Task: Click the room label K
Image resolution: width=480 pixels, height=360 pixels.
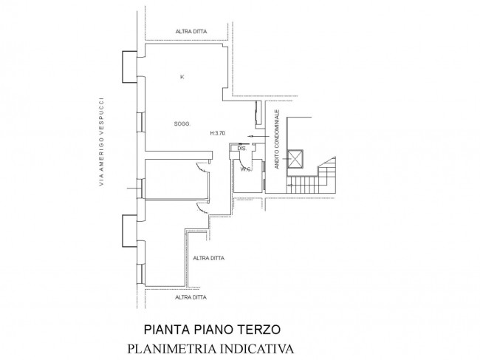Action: tap(182, 77)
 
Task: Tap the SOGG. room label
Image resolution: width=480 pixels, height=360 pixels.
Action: tap(182, 124)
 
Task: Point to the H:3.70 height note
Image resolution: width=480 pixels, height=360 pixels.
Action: tap(218, 133)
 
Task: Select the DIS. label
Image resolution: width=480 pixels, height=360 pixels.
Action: tap(241, 149)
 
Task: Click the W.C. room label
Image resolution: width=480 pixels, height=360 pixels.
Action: tap(246, 169)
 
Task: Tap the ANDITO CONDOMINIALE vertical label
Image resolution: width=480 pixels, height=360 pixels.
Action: tap(277, 139)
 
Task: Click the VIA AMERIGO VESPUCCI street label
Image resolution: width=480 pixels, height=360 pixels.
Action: tap(101, 141)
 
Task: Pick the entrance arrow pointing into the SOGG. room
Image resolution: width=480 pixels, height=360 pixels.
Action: tap(258, 136)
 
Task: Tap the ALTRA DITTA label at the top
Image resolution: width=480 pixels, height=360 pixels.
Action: tap(191, 31)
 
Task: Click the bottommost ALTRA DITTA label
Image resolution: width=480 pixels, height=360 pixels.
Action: tap(191, 297)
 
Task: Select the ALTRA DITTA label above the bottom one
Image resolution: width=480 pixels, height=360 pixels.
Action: tap(208, 258)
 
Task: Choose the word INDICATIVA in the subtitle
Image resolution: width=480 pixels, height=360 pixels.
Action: tap(257, 349)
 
